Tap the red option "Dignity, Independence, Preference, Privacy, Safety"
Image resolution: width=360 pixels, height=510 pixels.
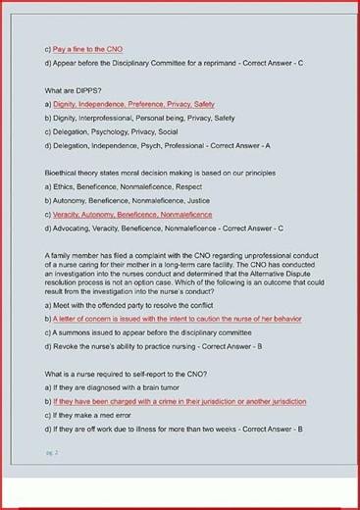click(x=134, y=104)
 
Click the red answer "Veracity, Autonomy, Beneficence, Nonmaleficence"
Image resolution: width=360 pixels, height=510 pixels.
click(x=133, y=214)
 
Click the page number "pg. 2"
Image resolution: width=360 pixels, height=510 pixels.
click(x=52, y=453)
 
